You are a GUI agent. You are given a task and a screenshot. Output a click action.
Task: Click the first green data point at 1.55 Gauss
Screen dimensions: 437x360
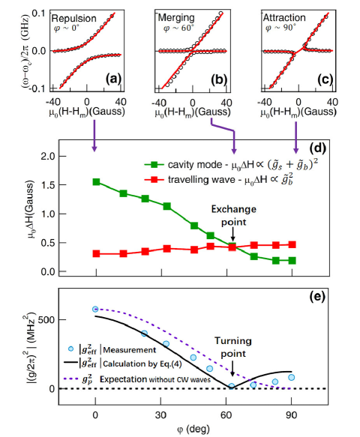click(x=95, y=182)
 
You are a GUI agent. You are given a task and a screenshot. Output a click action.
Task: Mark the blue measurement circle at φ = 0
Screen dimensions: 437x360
click(x=95, y=309)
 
